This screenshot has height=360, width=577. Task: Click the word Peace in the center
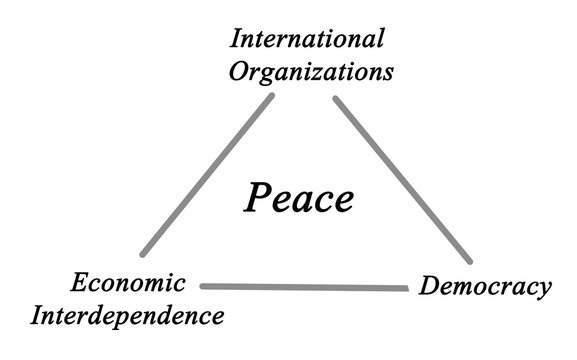[x=298, y=198]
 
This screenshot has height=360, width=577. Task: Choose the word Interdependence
[x=126, y=317]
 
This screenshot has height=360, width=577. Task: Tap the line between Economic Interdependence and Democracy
[x=305, y=287]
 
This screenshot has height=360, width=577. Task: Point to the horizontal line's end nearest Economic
[x=203, y=286]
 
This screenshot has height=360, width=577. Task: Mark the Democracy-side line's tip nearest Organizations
[x=336, y=99]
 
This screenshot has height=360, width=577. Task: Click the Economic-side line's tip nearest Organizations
[x=271, y=98]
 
